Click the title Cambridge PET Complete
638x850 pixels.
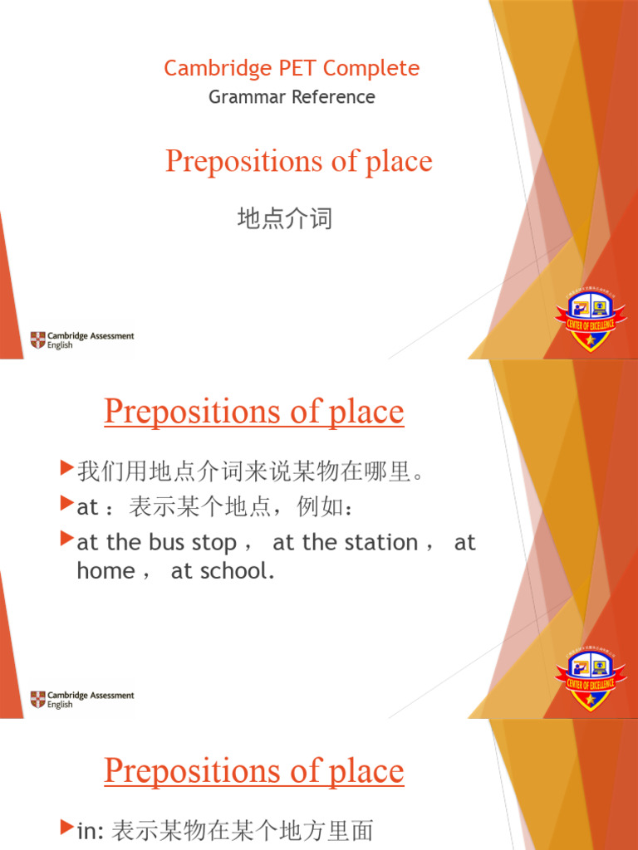coord(292,68)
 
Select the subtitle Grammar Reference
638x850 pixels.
coord(292,97)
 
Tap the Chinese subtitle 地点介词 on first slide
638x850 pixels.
coord(285,219)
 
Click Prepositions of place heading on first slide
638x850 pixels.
coord(298,161)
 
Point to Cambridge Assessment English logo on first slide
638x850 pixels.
coord(81,340)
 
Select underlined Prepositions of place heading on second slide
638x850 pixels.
coord(254,413)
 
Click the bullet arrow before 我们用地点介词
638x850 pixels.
coord(68,470)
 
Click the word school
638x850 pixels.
coord(236,571)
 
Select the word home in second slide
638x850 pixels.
coord(105,571)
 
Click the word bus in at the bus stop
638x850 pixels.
coord(167,543)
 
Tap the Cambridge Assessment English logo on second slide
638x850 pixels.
coord(81,699)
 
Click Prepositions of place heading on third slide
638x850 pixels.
coord(254,771)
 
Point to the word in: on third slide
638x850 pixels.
coord(90,829)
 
